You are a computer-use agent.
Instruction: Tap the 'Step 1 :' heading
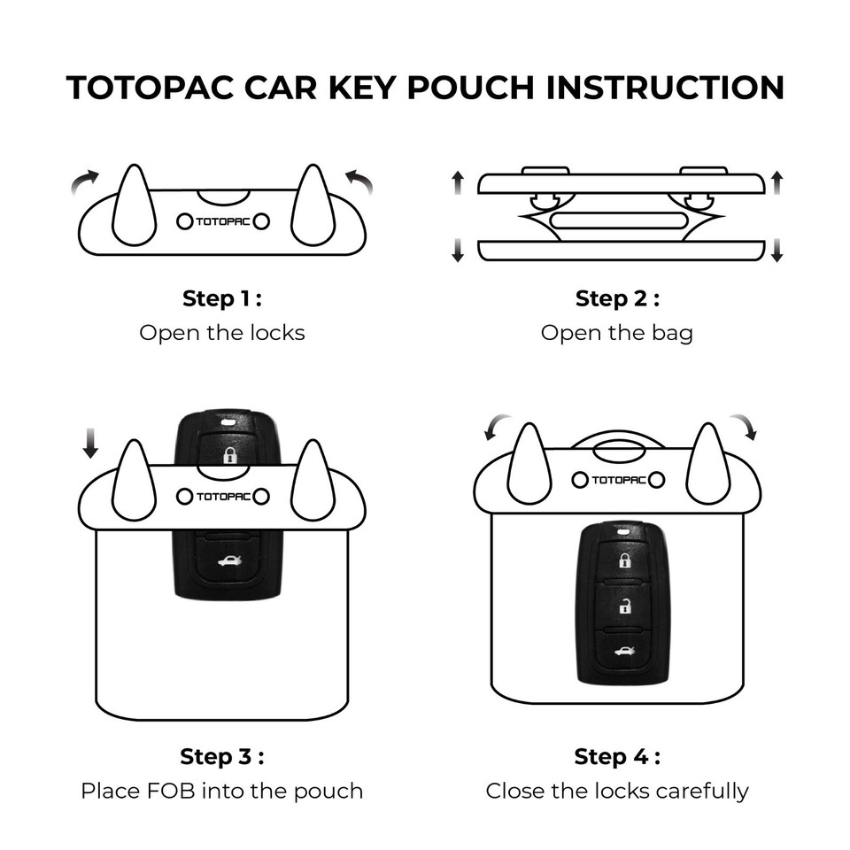(x=221, y=299)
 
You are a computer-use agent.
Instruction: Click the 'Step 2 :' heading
(x=617, y=299)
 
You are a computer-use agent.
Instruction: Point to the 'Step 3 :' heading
(x=221, y=757)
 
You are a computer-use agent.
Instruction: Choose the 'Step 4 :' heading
(x=617, y=757)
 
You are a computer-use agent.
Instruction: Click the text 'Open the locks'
(x=221, y=334)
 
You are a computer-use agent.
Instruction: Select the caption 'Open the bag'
(x=617, y=334)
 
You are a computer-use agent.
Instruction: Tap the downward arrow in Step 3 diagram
(x=90, y=440)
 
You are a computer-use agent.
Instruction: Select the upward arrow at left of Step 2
(x=458, y=183)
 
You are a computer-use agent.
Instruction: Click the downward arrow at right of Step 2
(x=777, y=250)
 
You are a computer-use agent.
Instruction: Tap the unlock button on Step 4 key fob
(x=624, y=607)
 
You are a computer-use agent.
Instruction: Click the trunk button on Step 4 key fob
(x=624, y=653)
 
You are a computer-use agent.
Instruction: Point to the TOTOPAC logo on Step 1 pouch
(x=222, y=221)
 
